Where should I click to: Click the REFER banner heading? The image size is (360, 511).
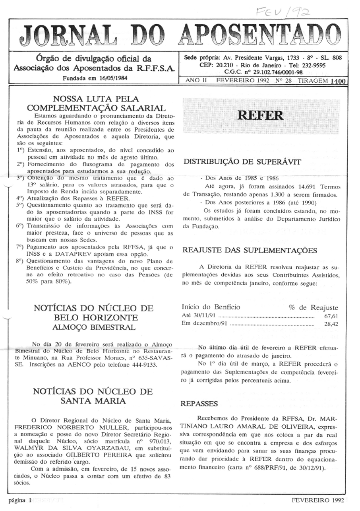tap(260, 115)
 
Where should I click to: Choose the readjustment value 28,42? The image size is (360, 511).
tap(331, 324)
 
